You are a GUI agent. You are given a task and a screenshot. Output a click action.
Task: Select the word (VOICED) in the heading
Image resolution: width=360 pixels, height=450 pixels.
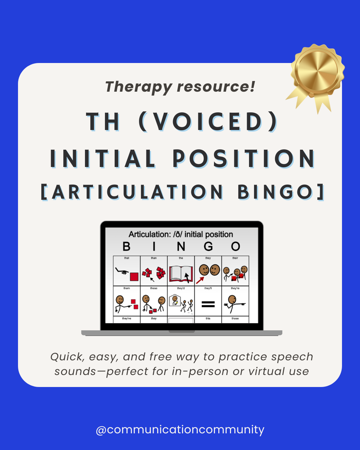pyautogui.click(x=209, y=122)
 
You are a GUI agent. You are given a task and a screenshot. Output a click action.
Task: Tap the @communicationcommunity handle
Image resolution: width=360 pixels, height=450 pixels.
pyautogui.click(x=180, y=429)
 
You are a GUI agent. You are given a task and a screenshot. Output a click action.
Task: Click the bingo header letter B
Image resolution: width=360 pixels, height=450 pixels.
pyautogui.click(x=126, y=247)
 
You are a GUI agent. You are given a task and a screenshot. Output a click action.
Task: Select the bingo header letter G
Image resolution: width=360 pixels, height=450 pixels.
pyautogui.click(x=208, y=247)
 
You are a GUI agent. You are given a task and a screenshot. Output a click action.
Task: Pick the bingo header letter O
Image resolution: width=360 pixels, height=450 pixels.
pyautogui.click(x=235, y=247)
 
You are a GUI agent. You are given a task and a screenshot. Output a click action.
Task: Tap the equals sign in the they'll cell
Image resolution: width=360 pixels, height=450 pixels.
pyautogui.click(x=208, y=304)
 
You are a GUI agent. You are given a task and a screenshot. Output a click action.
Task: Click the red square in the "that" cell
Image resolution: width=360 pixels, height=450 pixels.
pyautogui.click(x=134, y=277)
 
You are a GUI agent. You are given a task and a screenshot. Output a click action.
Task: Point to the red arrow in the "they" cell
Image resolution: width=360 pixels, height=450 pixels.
pyautogui.click(x=200, y=280)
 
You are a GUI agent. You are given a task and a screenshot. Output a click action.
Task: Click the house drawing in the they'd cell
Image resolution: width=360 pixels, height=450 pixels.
pyautogui.click(x=174, y=301)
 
